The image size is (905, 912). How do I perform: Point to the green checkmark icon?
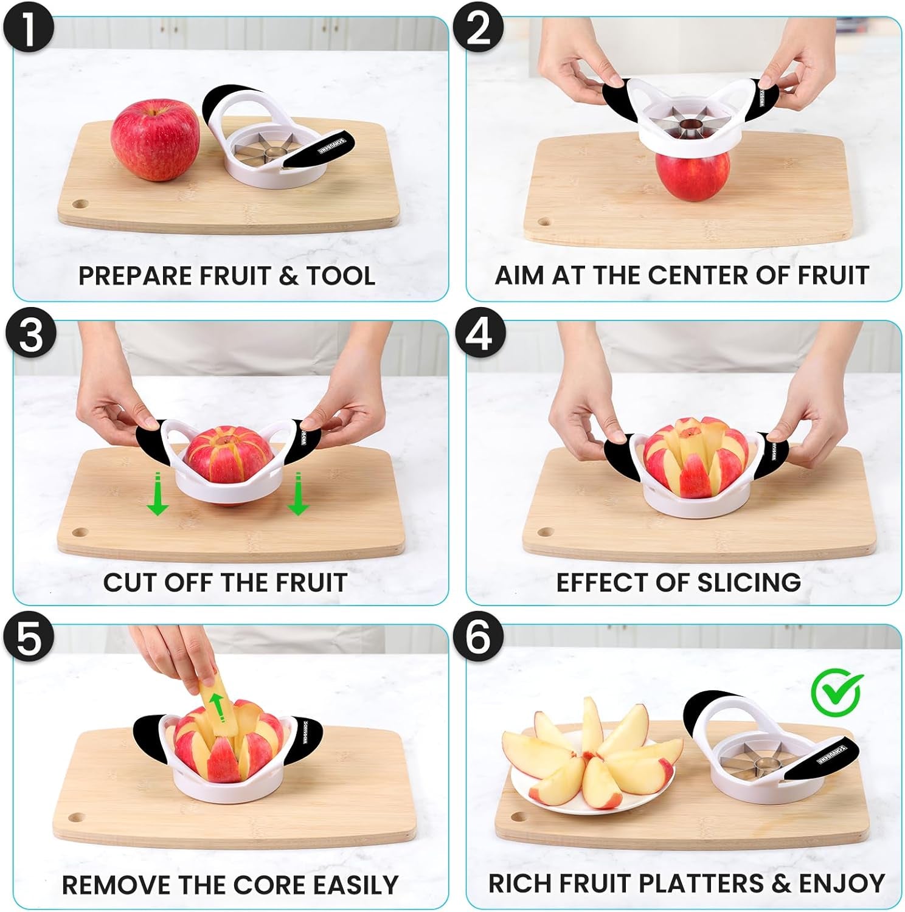[x=837, y=692]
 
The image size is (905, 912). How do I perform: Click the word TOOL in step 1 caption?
[x=341, y=276]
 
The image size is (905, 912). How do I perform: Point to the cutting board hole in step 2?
[x=544, y=221]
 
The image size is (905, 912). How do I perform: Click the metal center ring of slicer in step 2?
[x=690, y=127]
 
